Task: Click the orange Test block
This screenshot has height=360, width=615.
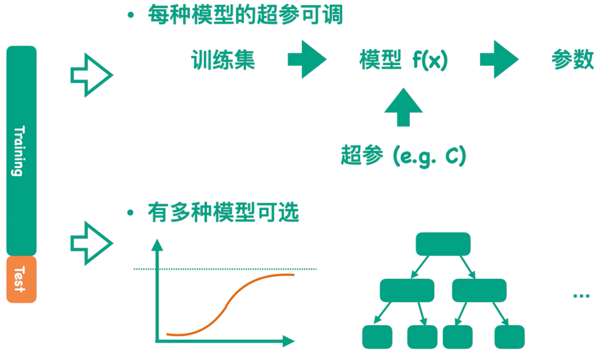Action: tap(21, 279)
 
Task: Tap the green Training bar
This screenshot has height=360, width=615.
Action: tap(21, 150)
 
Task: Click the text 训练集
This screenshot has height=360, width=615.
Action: tap(223, 61)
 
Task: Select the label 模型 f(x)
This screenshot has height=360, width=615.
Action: tap(403, 61)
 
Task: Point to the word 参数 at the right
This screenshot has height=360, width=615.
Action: tap(572, 60)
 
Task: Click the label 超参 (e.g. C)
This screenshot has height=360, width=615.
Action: tap(403, 155)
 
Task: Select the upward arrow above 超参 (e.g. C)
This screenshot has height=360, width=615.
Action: tap(403, 107)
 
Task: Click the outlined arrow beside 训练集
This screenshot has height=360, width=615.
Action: tap(91, 75)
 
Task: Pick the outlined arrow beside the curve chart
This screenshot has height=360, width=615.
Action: tap(91, 243)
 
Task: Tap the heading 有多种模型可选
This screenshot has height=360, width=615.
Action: tap(223, 212)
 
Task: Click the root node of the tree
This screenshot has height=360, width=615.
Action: tap(443, 244)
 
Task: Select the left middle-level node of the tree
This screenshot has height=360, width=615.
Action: tap(407, 290)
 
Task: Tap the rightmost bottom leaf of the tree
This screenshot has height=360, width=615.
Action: tap(509, 337)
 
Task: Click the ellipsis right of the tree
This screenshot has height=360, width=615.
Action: tap(581, 295)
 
